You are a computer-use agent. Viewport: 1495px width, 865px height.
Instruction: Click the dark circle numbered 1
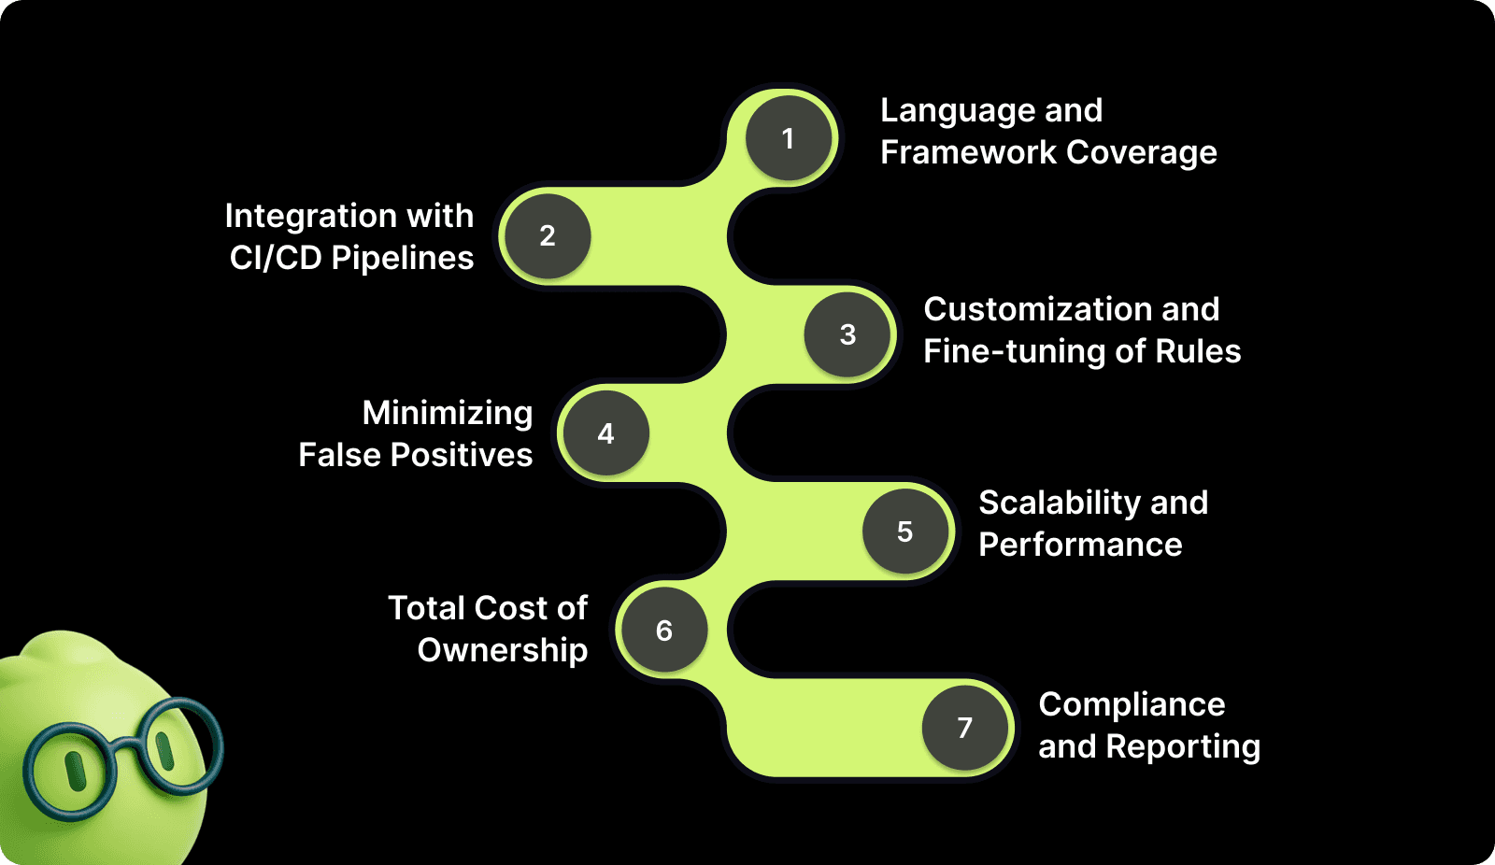[789, 138]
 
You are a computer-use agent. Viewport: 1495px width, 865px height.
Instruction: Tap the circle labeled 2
[548, 236]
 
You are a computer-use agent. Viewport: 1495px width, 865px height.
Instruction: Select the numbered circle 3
[847, 334]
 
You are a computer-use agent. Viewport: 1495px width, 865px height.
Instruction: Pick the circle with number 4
[605, 433]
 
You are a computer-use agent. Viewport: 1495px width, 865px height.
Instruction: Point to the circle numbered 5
[904, 532]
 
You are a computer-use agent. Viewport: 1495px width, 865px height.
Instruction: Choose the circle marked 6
[664, 631]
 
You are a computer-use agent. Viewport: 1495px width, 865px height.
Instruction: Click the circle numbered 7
[965, 728]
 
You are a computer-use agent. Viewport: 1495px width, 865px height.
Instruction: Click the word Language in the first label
[958, 111]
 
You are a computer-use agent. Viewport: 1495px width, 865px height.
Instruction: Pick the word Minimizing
[448, 413]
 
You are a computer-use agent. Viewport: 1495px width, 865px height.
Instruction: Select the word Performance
[1080, 545]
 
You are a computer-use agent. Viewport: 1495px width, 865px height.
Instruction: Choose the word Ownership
[503, 650]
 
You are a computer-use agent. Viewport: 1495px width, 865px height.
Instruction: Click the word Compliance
[1132, 704]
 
